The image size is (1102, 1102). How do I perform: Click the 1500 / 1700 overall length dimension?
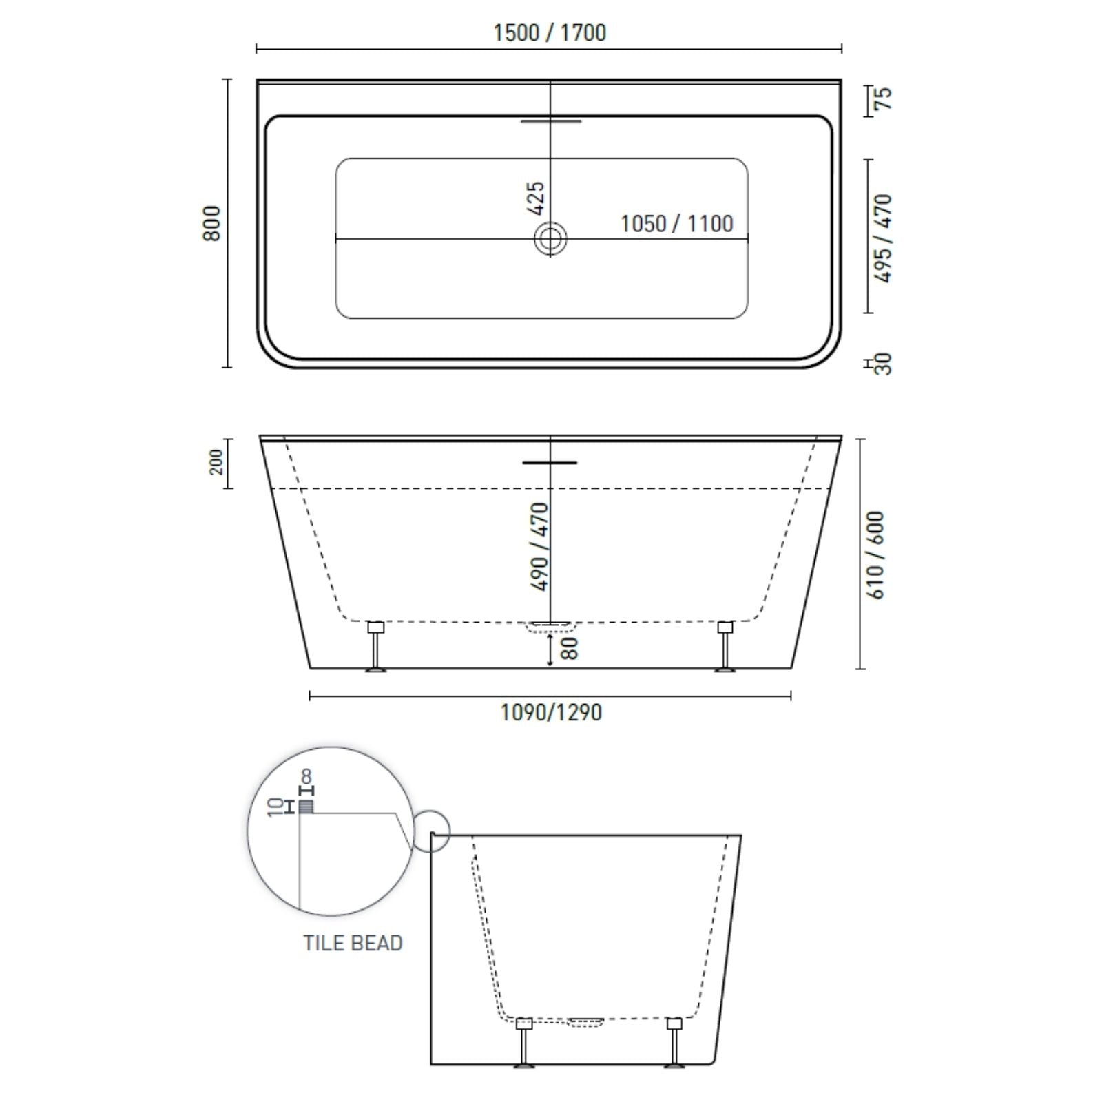click(x=550, y=33)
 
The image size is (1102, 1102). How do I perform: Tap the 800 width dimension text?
click(x=213, y=223)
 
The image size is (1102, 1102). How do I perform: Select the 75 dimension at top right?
click(x=883, y=98)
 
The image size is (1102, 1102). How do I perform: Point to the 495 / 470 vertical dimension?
click(x=883, y=238)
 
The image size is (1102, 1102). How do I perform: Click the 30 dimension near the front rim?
click(x=884, y=364)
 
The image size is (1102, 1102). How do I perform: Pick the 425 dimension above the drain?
click(x=536, y=198)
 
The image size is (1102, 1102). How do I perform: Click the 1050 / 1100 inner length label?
click(x=676, y=224)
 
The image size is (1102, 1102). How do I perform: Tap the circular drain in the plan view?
click(x=550, y=240)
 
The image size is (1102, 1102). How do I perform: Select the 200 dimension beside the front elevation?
click(x=217, y=462)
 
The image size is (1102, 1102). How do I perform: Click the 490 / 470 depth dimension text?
click(x=539, y=546)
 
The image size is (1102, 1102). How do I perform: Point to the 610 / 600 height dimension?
click(x=875, y=554)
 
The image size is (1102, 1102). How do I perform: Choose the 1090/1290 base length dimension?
click(x=551, y=712)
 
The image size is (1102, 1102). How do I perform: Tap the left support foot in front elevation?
click(x=375, y=647)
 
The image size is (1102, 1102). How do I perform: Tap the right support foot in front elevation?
click(x=725, y=647)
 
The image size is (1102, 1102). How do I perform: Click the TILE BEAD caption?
click(x=353, y=943)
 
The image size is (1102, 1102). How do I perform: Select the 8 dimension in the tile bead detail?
click(x=306, y=778)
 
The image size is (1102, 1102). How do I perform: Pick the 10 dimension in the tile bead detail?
click(x=276, y=807)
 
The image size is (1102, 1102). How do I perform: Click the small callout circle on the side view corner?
click(x=431, y=833)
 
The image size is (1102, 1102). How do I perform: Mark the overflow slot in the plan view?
click(x=551, y=121)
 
